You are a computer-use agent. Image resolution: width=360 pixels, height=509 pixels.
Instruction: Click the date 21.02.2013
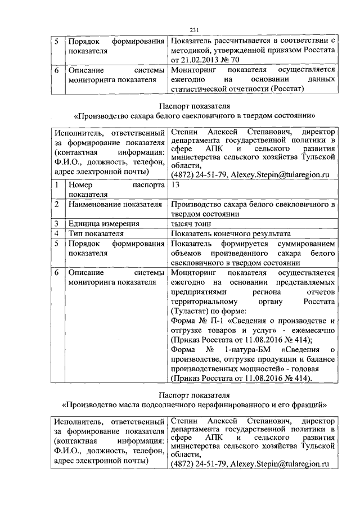point(202,59)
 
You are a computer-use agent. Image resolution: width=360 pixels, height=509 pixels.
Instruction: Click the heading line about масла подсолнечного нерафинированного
point(195,404)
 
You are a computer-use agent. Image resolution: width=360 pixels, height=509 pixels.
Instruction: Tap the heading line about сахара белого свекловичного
point(195,115)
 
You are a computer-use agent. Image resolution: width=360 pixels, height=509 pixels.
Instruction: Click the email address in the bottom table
point(280,465)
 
